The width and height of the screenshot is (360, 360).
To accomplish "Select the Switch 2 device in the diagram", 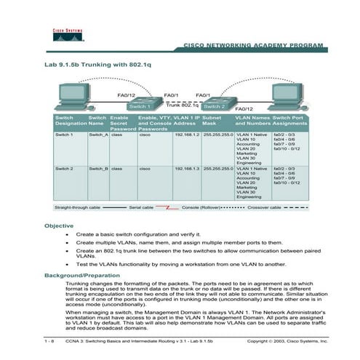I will (x=215, y=104).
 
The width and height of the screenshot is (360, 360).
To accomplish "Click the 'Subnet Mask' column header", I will (x=215, y=120).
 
